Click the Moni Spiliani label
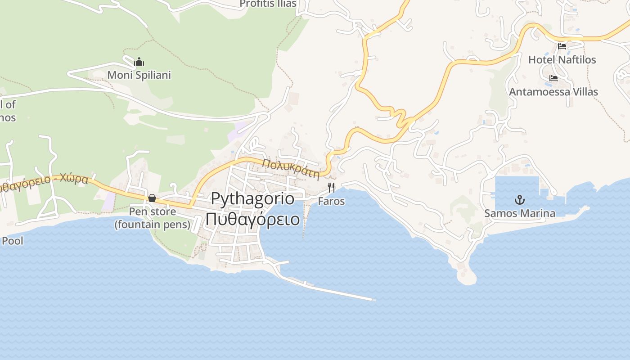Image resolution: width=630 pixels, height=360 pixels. (139, 75)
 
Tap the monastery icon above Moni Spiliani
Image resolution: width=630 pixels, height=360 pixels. (139, 62)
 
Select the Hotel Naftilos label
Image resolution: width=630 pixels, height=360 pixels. (562, 59)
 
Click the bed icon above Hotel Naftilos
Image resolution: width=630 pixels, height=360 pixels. (562, 46)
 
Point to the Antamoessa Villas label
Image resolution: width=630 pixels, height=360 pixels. (553, 92)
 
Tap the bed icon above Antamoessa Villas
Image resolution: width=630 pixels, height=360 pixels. (553, 79)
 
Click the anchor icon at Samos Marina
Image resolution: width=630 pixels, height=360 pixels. (520, 200)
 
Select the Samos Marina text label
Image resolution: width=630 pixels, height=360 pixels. (520, 213)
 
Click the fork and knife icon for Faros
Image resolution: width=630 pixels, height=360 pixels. (332, 188)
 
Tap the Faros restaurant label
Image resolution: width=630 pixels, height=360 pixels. (332, 201)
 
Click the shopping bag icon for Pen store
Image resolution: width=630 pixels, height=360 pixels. (152, 198)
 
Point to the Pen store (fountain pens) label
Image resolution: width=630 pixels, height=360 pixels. (152, 218)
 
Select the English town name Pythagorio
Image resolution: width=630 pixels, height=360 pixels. (252, 198)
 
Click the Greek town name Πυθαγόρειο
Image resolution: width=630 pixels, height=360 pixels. (252, 219)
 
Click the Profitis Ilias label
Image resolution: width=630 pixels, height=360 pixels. (268, 4)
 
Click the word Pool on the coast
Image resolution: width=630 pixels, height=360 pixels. (12, 241)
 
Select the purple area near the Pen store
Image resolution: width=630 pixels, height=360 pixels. (108, 202)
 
